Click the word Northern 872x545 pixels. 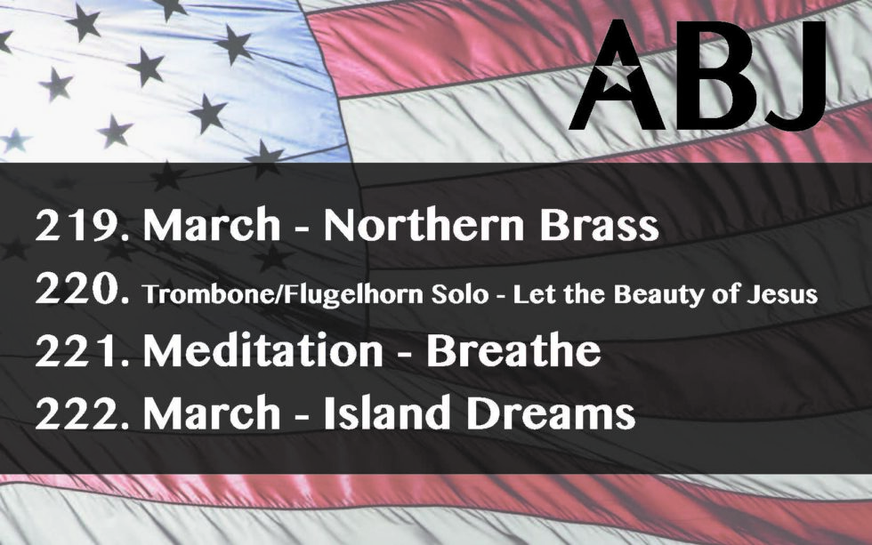pos(424,225)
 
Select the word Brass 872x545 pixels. pos(600,225)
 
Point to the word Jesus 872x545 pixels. pos(782,294)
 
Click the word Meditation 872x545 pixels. pos(263,351)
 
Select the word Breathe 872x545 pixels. pos(513,351)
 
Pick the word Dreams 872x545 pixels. pos(551,414)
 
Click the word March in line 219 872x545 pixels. pos(212,225)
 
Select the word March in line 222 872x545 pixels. pos(212,414)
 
